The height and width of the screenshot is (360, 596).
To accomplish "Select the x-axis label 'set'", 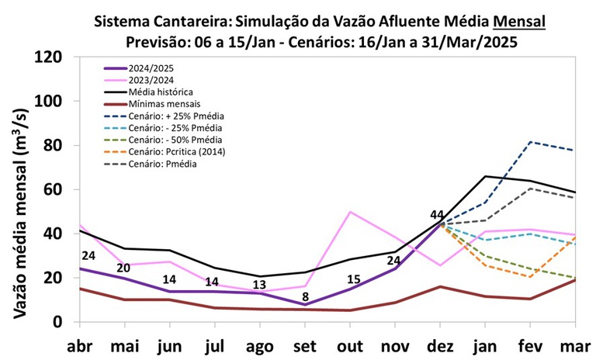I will tap(308, 346).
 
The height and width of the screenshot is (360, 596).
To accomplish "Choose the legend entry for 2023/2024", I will tap(152, 80).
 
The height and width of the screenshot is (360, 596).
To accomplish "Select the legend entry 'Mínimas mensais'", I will tap(163, 103).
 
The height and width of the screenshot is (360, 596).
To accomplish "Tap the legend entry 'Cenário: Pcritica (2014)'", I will tap(177, 151).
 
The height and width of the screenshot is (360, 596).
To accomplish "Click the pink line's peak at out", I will tap(351, 212).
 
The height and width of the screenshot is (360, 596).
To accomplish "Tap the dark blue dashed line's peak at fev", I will tap(530, 142).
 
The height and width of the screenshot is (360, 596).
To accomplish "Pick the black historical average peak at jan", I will tap(485, 176).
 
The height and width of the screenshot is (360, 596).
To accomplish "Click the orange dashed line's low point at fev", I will tap(530, 277).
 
